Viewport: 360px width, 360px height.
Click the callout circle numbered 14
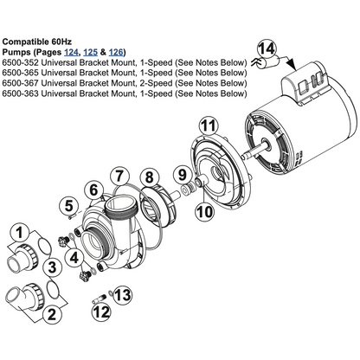click(x=267, y=49)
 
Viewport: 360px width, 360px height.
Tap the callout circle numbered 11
click(x=209, y=125)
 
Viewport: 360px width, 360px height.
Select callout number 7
click(x=119, y=176)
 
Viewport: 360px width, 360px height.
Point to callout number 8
click(x=150, y=177)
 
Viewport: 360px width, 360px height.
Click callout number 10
click(x=205, y=211)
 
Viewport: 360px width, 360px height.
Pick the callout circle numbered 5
click(x=69, y=206)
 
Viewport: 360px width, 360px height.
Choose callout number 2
click(x=52, y=314)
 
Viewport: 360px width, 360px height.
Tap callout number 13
click(x=123, y=295)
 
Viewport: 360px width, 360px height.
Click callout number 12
click(x=102, y=312)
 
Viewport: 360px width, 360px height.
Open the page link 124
click(x=71, y=53)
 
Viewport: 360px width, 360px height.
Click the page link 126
click(x=116, y=53)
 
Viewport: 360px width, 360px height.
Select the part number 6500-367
click(x=20, y=83)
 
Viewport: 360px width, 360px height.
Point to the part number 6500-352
click(x=20, y=62)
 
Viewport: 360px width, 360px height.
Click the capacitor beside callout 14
click(x=271, y=62)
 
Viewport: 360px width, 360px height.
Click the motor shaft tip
click(x=244, y=156)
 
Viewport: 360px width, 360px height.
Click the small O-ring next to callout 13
click(x=111, y=293)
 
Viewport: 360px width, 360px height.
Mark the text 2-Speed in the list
click(x=155, y=83)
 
